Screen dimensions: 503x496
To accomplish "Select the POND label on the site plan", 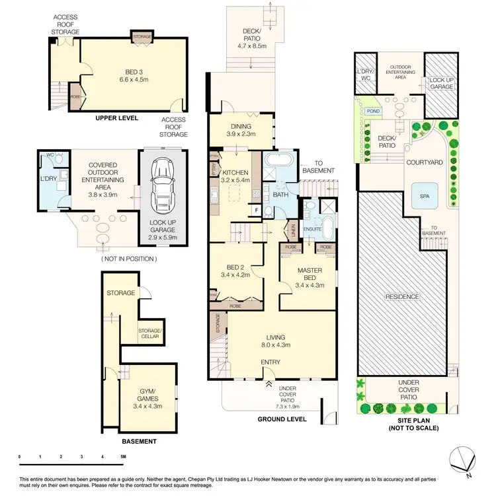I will point(373,112).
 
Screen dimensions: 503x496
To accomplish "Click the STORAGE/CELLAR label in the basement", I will point(149,333).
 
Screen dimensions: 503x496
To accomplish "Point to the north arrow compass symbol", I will point(463,459).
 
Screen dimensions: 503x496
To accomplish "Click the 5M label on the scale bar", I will point(123,457).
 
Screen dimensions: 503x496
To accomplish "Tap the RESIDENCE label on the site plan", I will point(403,296).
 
